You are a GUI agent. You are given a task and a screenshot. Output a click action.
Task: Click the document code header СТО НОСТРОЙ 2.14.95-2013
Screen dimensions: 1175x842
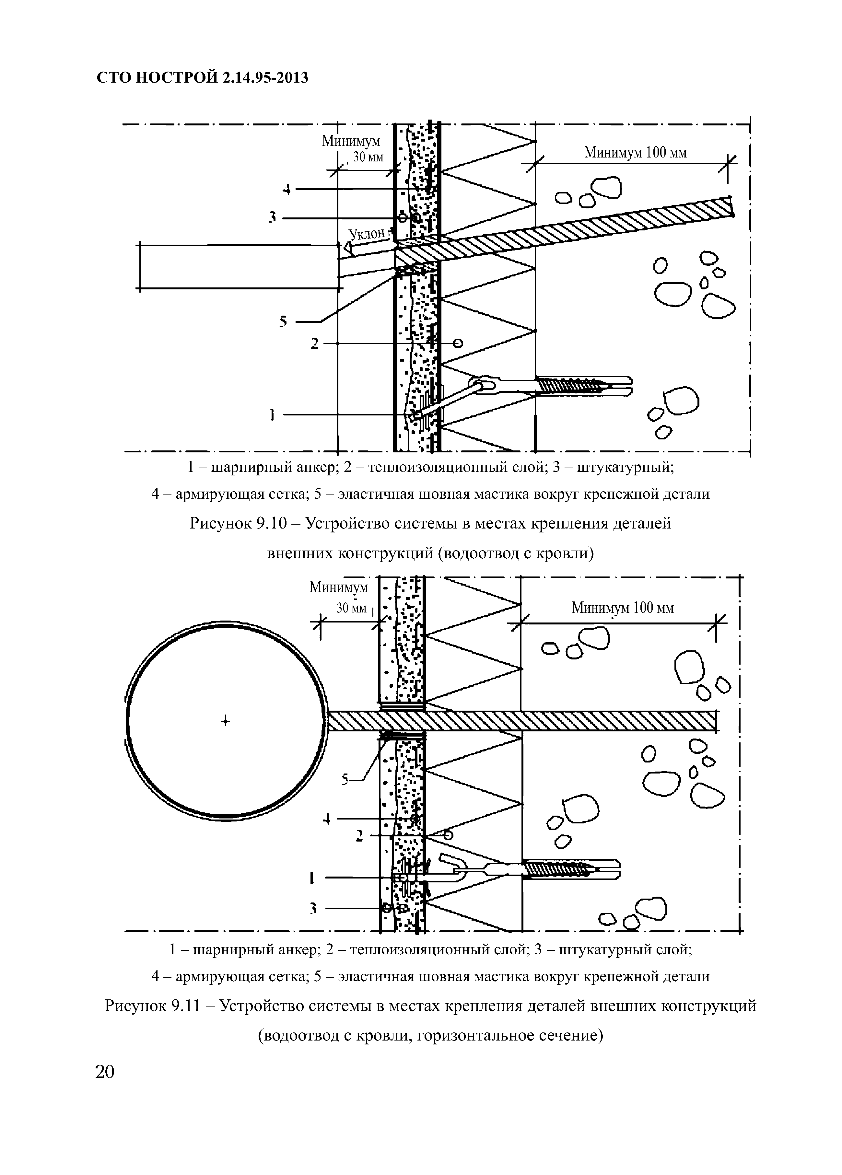coord(203,78)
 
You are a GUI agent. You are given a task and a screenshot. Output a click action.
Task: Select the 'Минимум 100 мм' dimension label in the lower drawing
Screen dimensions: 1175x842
coord(622,608)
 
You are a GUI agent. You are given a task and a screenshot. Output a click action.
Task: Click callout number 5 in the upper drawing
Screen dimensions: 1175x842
coord(283,322)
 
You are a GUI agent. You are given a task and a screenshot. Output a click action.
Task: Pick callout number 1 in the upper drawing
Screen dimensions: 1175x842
coord(272,414)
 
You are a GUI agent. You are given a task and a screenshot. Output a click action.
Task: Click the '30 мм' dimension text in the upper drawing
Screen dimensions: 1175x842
coord(368,157)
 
